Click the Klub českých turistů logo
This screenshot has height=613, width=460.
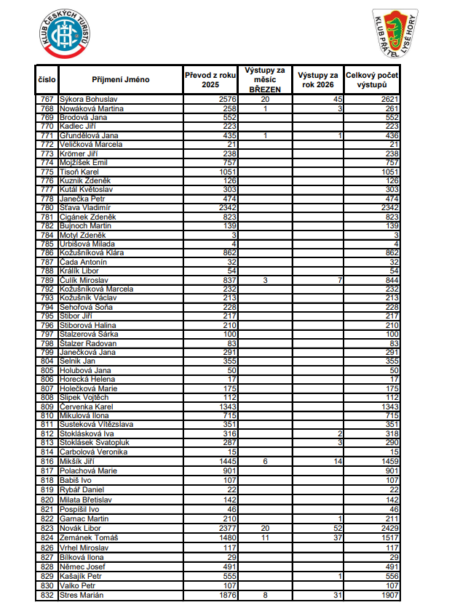66,33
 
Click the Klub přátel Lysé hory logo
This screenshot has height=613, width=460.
394,33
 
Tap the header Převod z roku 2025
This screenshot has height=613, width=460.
210,79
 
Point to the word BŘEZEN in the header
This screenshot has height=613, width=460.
265,88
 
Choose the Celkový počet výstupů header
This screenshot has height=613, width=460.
372,79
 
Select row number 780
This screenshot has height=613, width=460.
47,207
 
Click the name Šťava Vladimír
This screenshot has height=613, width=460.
85,207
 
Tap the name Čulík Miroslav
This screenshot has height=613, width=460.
84,280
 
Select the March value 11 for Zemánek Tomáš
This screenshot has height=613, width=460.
266,537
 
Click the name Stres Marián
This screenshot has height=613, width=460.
82,596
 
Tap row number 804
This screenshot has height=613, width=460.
47,361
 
